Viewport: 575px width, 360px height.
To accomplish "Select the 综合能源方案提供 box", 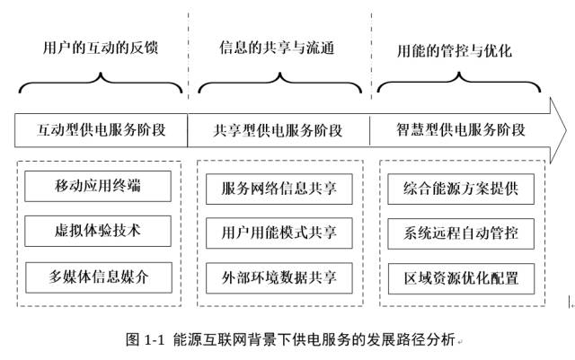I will click(x=460, y=189).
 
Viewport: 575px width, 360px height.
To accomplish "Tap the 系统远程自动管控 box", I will click(x=460, y=233).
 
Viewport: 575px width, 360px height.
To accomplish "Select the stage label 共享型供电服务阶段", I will click(x=279, y=130).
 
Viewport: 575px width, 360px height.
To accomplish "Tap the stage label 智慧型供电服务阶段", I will click(x=460, y=130).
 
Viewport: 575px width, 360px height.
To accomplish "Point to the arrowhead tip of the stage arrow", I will click(x=564, y=130).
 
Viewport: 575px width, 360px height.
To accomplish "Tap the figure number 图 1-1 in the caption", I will click(x=145, y=340).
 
